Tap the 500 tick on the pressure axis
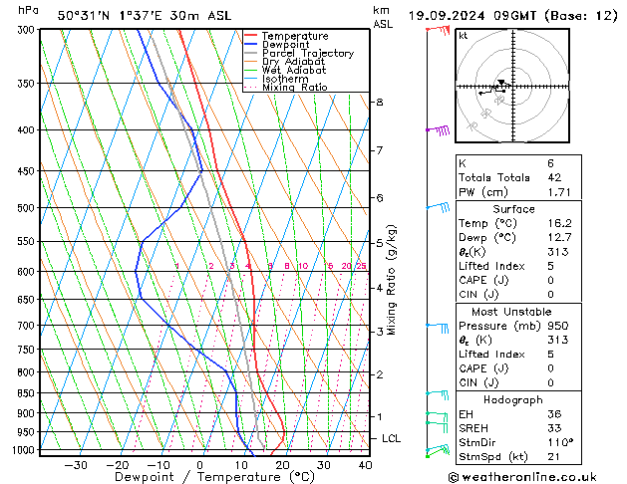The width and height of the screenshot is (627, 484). [27, 208]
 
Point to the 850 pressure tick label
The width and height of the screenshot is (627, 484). [27, 393]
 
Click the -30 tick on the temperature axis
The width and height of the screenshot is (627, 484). [75, 464]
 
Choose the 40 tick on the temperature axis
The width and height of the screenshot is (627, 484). [365, 464]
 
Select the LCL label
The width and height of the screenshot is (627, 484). [392, 438]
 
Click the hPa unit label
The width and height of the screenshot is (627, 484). [29, 11]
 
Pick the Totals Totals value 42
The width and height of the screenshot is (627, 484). [553, 177]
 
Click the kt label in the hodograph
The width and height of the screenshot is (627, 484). [464, 36]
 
